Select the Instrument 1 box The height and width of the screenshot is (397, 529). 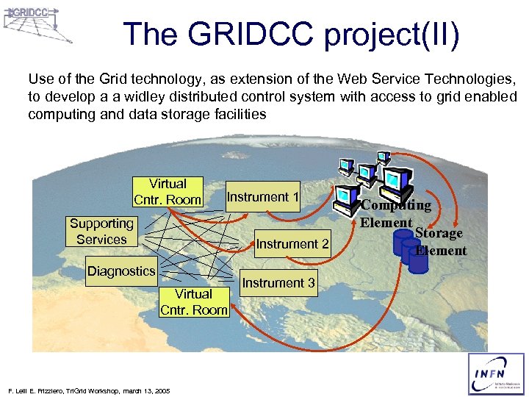coord(262,197)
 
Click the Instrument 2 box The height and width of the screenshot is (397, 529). coord(292,243)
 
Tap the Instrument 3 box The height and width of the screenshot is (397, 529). coord(278,283)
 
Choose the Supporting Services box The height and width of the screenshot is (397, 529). coord(101,232)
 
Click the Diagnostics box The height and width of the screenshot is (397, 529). coord(121,271)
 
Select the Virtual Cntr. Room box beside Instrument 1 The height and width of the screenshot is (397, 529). coord(168,192)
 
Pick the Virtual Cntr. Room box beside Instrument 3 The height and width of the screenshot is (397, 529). coord(194,302)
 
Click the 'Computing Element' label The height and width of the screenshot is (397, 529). coord(395,213)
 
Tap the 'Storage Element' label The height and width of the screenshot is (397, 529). coord(439,242)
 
